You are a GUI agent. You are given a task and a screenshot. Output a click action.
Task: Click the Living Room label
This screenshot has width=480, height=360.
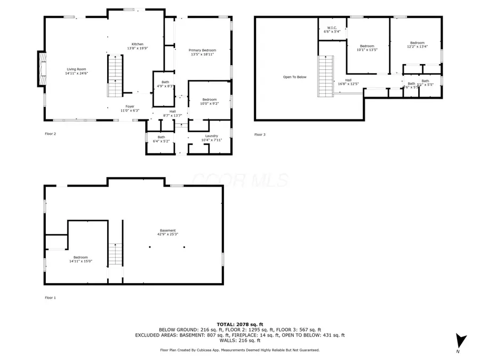[76, 69]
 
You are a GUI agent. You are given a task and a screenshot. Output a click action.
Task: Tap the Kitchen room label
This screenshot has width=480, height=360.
[138, 44]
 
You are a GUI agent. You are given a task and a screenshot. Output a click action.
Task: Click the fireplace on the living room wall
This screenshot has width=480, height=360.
[41, 68]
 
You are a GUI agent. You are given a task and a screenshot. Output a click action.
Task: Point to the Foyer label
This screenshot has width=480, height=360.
[130, 106]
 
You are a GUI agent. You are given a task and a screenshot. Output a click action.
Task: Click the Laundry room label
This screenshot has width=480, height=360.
[211, 136]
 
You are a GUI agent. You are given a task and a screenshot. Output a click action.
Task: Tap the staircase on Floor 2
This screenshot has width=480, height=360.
[115, 76]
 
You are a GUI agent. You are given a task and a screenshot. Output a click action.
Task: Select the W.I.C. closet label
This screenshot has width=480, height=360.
[332, 28]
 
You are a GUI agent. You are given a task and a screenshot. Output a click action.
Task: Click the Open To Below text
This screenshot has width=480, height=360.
[294, 77]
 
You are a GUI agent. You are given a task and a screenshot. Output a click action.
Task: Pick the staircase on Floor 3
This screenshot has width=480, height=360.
[326, 77]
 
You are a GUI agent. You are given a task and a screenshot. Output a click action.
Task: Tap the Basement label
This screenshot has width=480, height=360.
[167, 230]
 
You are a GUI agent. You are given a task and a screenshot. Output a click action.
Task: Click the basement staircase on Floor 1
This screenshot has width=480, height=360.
[115, 254]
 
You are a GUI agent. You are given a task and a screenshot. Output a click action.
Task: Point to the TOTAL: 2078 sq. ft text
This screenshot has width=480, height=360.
[239, 324]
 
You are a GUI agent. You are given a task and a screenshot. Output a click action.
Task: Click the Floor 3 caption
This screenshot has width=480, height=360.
[260, 134]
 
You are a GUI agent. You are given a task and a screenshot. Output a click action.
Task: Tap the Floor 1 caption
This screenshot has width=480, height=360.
[50, 298]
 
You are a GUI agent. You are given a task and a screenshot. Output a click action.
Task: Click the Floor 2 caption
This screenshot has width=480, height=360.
[50, 134]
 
